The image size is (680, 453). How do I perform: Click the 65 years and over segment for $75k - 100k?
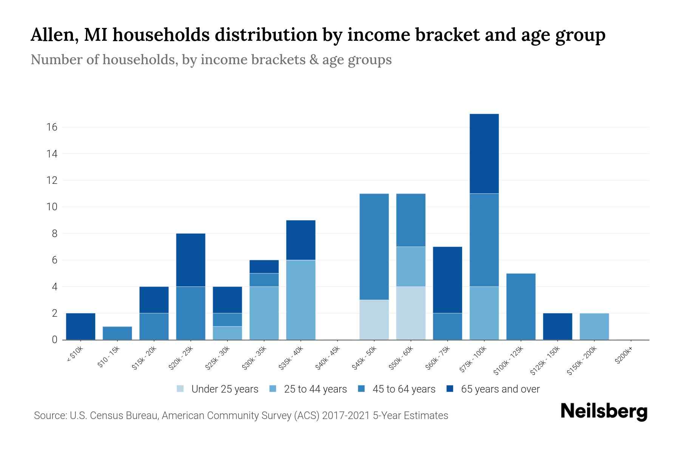coord(484,154)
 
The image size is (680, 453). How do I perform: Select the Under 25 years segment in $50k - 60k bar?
coord(411,313)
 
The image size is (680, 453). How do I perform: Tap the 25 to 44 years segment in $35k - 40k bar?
coord(301,300)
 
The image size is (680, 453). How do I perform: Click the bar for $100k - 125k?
coord(521,307)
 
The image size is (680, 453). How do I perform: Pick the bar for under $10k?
coord(80,327)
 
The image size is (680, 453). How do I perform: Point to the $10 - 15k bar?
coord(117,333)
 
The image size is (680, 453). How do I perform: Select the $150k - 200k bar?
coord(594,327)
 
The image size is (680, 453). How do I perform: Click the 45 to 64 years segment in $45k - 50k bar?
coord(374,247)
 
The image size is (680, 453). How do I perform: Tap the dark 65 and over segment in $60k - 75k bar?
coord(447,280)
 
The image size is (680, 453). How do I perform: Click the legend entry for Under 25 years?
coord(218,389)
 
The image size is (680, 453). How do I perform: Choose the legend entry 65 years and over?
coord(493,389)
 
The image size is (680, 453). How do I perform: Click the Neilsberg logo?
coord(604,411)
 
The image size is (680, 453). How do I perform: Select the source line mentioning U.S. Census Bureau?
coord(241,416)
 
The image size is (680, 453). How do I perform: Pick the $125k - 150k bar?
coord(557,327)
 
